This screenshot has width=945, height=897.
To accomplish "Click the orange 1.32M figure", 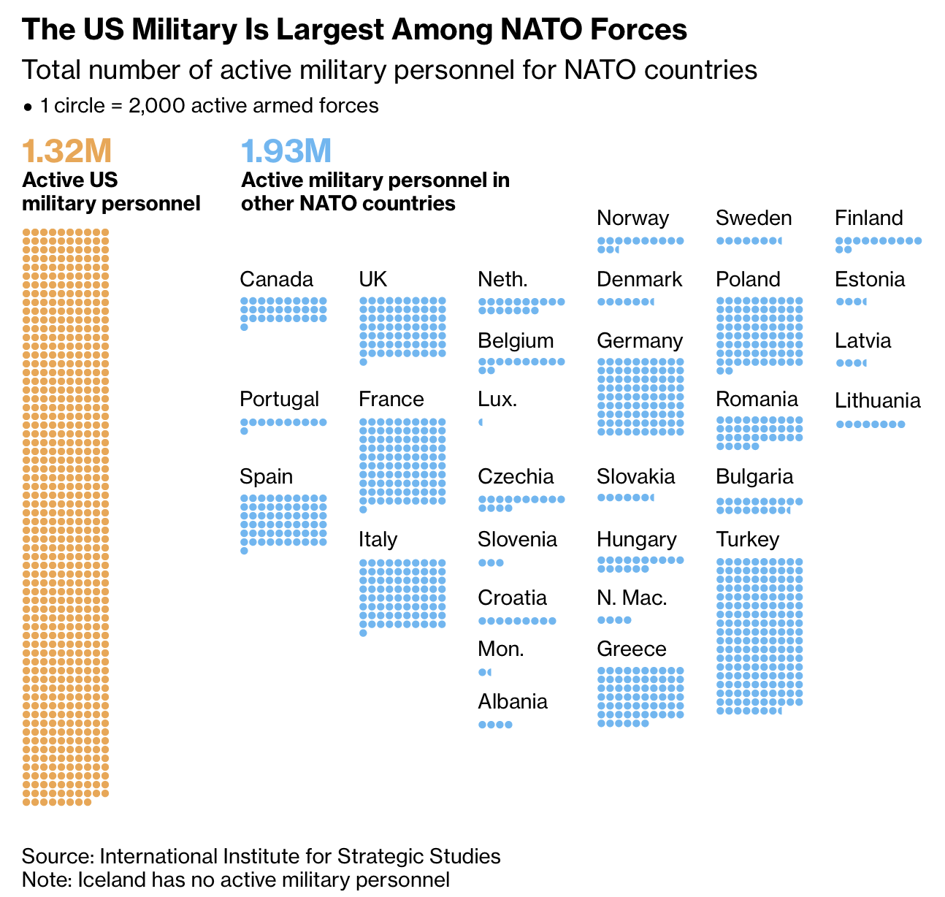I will point(66,151).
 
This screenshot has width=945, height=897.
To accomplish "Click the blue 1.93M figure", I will point(286,151).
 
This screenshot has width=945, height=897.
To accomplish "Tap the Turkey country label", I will point(747,539).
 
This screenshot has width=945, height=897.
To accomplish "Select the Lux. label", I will point(497,399).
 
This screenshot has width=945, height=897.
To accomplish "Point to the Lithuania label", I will point(877,400).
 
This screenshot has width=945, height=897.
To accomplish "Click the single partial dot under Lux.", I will point(481,422).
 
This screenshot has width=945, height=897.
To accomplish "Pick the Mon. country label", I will point(500,649).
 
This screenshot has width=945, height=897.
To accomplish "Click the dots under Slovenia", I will point(491,562).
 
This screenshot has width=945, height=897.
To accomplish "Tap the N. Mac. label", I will point(632,598).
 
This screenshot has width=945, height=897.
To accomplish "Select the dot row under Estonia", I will point(851,302).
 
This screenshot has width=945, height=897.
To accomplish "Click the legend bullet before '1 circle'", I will point(28,107).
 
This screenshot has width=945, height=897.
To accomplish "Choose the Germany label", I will point(639,340).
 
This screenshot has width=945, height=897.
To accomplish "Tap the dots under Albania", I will point(495,725).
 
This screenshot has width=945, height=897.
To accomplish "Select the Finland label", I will point(868,218).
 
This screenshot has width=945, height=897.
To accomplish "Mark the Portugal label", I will point(279,399).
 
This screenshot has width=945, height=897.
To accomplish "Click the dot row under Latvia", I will point(851,363).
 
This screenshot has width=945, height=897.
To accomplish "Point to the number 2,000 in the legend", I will point(152,106).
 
